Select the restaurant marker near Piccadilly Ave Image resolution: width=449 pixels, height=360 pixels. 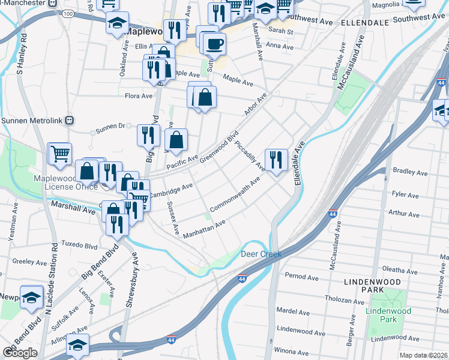[276, 160]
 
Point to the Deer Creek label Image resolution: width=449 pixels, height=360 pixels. [261, 254]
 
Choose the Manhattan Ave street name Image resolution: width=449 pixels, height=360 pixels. [204, 229]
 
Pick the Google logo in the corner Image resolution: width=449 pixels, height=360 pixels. [20, 353]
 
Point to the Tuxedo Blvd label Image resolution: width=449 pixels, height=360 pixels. [81, 246]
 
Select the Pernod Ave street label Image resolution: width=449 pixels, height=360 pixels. [302, 277]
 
